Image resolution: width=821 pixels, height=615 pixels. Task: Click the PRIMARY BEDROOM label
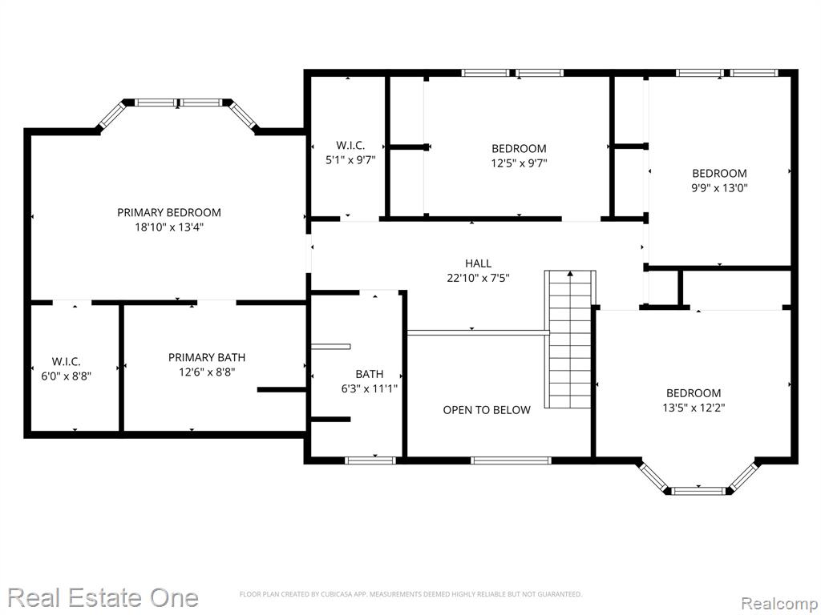click(169, 212)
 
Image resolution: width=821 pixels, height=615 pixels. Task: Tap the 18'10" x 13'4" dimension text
click(169, 227)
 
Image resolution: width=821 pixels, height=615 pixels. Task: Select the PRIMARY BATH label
click(207, 357)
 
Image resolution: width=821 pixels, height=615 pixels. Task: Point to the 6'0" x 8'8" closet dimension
click(66, 376)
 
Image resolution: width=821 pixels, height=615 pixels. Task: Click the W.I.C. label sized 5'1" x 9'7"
click(350, 146)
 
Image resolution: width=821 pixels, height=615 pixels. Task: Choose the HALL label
click(478, 263)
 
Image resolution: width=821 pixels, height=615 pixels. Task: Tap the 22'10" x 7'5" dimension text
click(478, 278)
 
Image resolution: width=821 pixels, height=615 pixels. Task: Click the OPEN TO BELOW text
click(487, 409)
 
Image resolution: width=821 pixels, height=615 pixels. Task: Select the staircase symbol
click(570, 339)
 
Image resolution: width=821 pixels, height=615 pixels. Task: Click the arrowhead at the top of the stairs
click(570, 273)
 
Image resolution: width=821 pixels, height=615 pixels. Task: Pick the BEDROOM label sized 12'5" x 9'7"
click(519, 148)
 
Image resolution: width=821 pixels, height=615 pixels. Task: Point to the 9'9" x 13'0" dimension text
click(719, 187)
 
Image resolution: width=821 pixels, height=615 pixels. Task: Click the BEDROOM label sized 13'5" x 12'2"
click(694, 392)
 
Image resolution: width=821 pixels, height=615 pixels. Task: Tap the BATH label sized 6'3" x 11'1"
click(369, 374)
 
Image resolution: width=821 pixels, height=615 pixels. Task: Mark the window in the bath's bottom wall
click(370, 460)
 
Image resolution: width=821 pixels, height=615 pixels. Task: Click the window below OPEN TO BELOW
click(511, 460)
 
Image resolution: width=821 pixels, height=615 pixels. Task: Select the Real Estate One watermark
click(103, 597)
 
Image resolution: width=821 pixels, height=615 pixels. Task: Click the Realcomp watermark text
click(779, 604)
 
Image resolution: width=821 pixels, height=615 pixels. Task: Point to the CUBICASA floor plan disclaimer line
click(410, 594)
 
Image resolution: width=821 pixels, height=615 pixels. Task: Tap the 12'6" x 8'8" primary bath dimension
click(207, 372)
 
